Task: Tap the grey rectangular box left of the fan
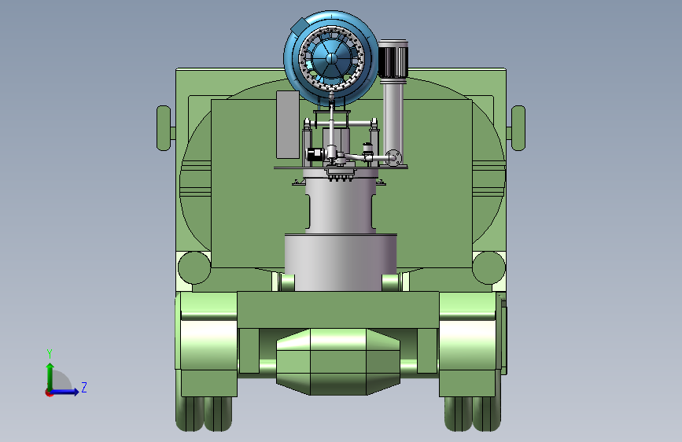coord(288,125)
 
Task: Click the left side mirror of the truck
coord(164,128)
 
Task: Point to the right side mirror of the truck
coord(518,128)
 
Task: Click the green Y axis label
coord(50,354)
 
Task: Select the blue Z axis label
coord(84,387)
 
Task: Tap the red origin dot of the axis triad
coord(48,392)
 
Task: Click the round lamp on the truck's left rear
coord(194,268)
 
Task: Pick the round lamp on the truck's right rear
coord(488,268)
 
